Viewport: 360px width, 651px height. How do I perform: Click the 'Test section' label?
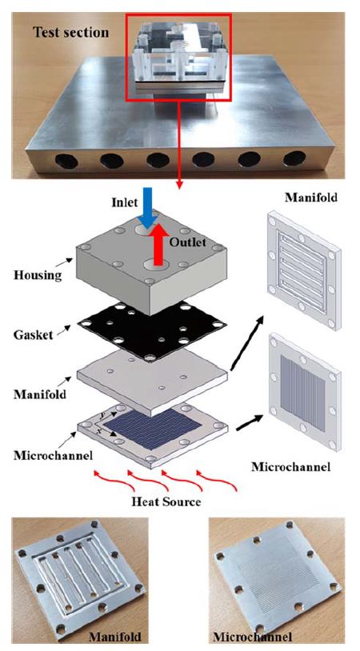(71, 32)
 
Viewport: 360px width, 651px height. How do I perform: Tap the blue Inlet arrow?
(147, 208)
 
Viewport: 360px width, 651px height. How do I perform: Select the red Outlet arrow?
(158, 244)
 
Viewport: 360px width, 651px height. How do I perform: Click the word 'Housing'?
(38, 275)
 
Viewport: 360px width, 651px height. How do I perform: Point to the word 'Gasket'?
(34, 333)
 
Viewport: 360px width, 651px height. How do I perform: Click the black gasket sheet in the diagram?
(151, 330)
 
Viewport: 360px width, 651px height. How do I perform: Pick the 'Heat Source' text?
(166, 501)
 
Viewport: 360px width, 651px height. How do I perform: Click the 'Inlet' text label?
(124, 202)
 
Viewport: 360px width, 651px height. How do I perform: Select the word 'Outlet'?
(187, 242)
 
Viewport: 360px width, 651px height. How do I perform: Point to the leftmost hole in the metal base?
(66, 161)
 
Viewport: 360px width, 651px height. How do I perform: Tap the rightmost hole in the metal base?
(294, 158)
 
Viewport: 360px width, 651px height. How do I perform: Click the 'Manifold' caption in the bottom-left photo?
(115, 636)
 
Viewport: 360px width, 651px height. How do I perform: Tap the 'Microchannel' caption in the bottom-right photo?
(253, 637)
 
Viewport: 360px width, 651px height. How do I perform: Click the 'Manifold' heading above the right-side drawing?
(311, 197)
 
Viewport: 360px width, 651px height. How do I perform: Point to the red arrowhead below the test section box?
(179, 185)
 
